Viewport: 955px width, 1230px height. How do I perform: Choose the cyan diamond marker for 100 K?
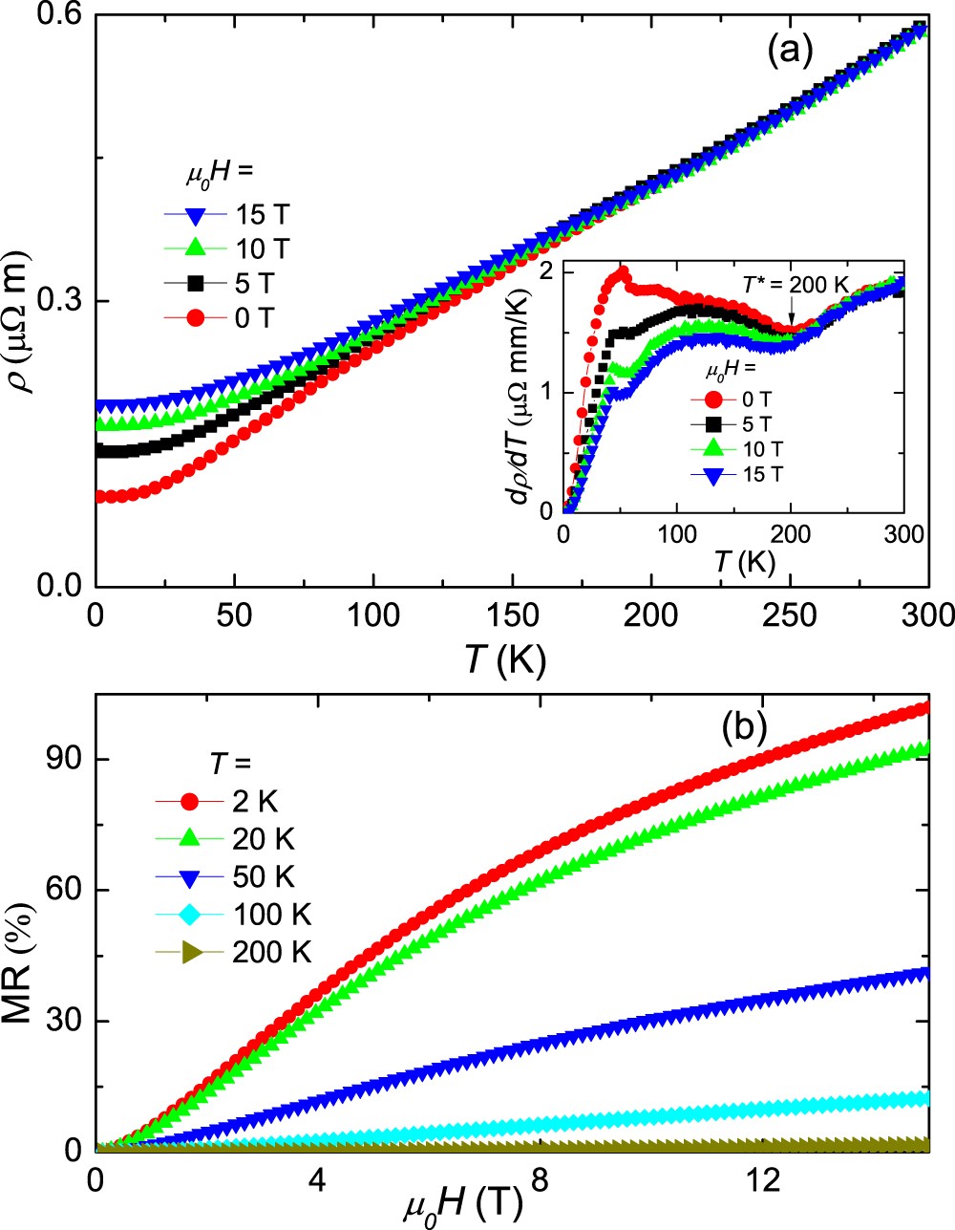point(193,915)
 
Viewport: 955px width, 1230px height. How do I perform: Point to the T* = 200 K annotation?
point(795,284)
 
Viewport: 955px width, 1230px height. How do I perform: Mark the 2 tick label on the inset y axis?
point(546,272)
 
